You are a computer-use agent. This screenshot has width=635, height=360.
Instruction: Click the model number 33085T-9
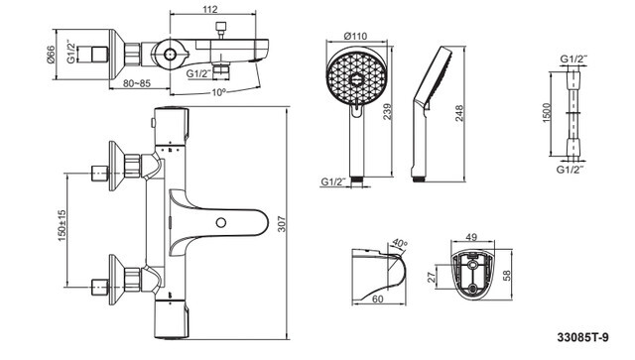coord(582,337)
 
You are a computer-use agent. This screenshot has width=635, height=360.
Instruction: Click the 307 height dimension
coord(282,224)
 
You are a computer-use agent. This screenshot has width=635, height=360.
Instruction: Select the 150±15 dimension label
coord(62,225)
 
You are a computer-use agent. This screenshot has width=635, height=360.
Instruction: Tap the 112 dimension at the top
coord(209,9)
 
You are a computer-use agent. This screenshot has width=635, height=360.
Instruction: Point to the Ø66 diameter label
coord(51,55)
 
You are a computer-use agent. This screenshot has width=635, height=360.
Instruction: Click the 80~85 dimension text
coord(137,83)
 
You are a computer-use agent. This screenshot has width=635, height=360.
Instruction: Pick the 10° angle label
coord(218,92)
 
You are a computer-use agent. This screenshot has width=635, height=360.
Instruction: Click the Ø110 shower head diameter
coord(355,36)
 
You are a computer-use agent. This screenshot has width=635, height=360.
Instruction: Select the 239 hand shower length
coord(388,111)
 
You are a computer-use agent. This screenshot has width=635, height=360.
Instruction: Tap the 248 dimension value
coord(458,114)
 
